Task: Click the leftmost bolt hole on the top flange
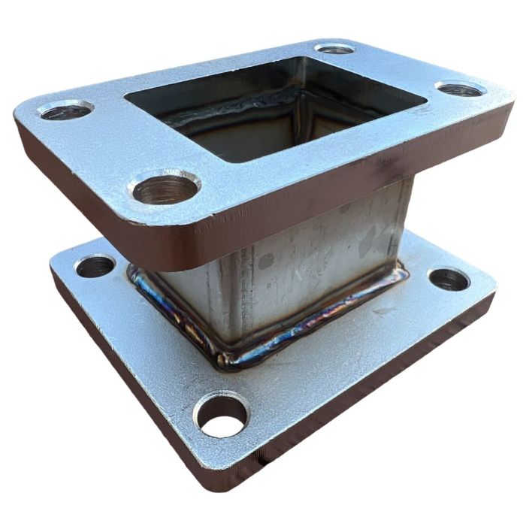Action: click(x=65, y=112)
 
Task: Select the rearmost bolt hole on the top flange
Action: click(x=335, y=50)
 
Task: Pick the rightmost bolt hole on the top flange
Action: click(x=460, y=90)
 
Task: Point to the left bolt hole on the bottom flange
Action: click(x=95, y=266)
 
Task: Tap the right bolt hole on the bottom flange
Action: click(x=449, y=280)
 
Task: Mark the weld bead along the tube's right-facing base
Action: click(x=323, y=316)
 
